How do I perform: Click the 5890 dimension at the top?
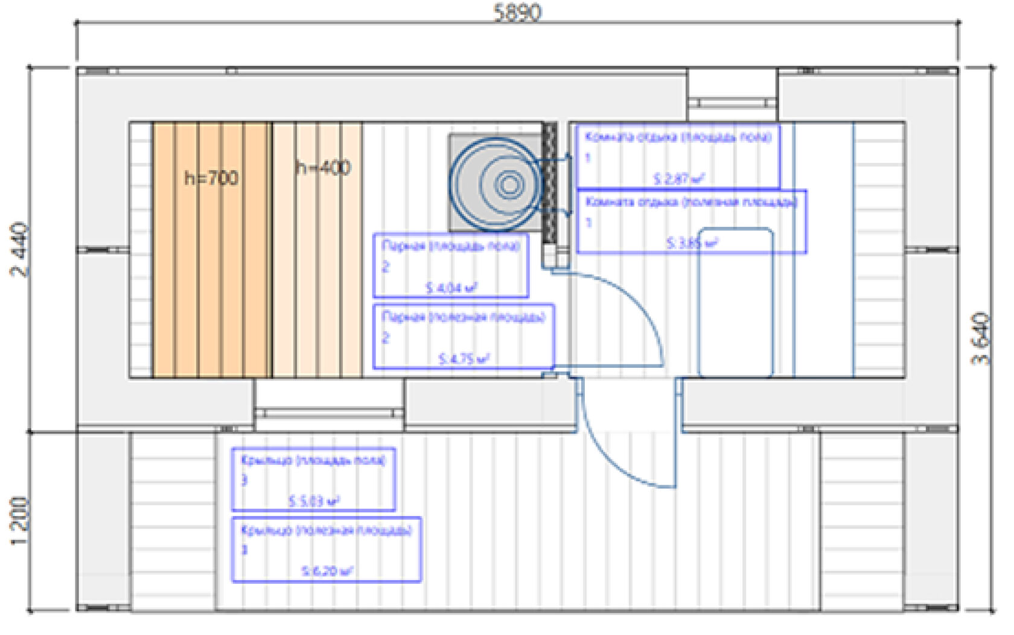517,12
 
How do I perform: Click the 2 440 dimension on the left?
19,250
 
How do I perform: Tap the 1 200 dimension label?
19,521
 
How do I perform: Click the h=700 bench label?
211,178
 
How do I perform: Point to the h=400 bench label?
323,168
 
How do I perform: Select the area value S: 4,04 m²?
451,288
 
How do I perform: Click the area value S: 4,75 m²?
463,359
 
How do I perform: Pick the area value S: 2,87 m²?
678,178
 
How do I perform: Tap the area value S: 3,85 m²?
692,243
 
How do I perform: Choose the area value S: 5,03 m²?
313,501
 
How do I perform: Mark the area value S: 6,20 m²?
327,570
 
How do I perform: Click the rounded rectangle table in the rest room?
735,302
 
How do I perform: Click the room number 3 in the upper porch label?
244,480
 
